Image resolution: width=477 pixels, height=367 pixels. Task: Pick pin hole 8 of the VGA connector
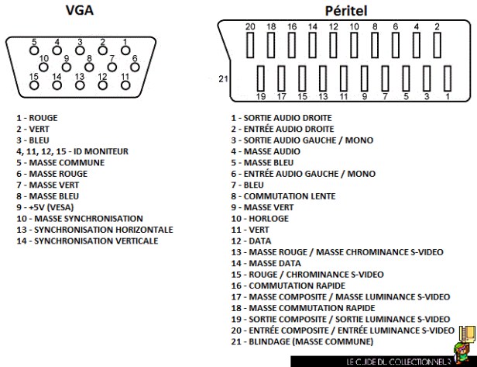pyautogui.click(x=90, y=66)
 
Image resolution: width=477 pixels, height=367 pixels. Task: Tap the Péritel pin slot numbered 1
pyautogui.click(x=447, y=78)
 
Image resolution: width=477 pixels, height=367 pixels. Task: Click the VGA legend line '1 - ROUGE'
pyautogui.click(x=37, y=118)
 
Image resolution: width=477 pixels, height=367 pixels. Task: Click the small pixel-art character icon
pyautogui.click(x=465, y=335)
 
